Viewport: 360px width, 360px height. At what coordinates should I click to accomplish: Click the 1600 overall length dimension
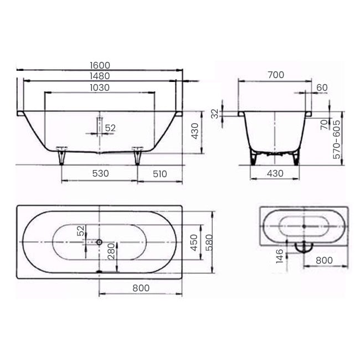(100, 64)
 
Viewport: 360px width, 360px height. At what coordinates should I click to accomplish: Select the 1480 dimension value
(100, 76)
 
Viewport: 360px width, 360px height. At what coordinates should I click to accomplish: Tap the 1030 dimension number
(100, 88)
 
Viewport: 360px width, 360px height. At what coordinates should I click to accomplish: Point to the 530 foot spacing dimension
(100, 173)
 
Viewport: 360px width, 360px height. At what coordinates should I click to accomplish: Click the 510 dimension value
(160, 173)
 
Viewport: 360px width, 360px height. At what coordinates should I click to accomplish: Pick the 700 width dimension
(275, 75)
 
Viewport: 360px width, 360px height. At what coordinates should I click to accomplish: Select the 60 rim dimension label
(321, 88)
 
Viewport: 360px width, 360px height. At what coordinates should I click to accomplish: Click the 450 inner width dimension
(194, 242)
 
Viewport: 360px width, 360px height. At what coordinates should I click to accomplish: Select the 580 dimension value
(209, 242)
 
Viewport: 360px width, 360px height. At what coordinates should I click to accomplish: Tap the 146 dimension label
(280, 256)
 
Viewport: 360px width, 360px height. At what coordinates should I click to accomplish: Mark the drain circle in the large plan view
(99, 242)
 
